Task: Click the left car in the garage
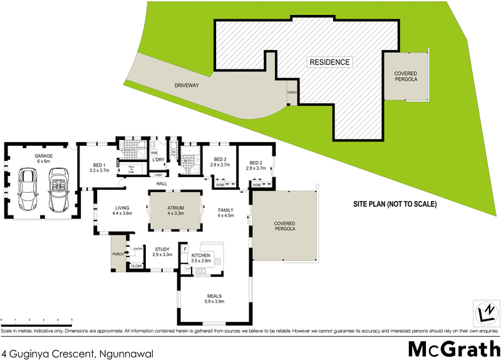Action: pos(28,188)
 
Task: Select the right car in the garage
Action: pos(59,188)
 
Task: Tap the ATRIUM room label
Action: pos(176,209)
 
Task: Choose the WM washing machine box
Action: pos(154,152)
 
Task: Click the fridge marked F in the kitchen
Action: pos(185,250)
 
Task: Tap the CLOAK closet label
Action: pos(136,266)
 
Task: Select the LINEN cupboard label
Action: pos(158,175)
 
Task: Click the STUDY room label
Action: pos(163,250)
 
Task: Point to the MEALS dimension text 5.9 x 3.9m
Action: pos(214,302)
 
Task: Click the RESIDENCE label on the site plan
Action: pos(329,62)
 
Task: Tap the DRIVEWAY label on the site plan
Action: pos(187,85)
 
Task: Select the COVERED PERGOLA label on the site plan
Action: pos(405,76)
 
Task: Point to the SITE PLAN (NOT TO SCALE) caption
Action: pos(395,204)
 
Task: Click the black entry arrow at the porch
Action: pos(127,253)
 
